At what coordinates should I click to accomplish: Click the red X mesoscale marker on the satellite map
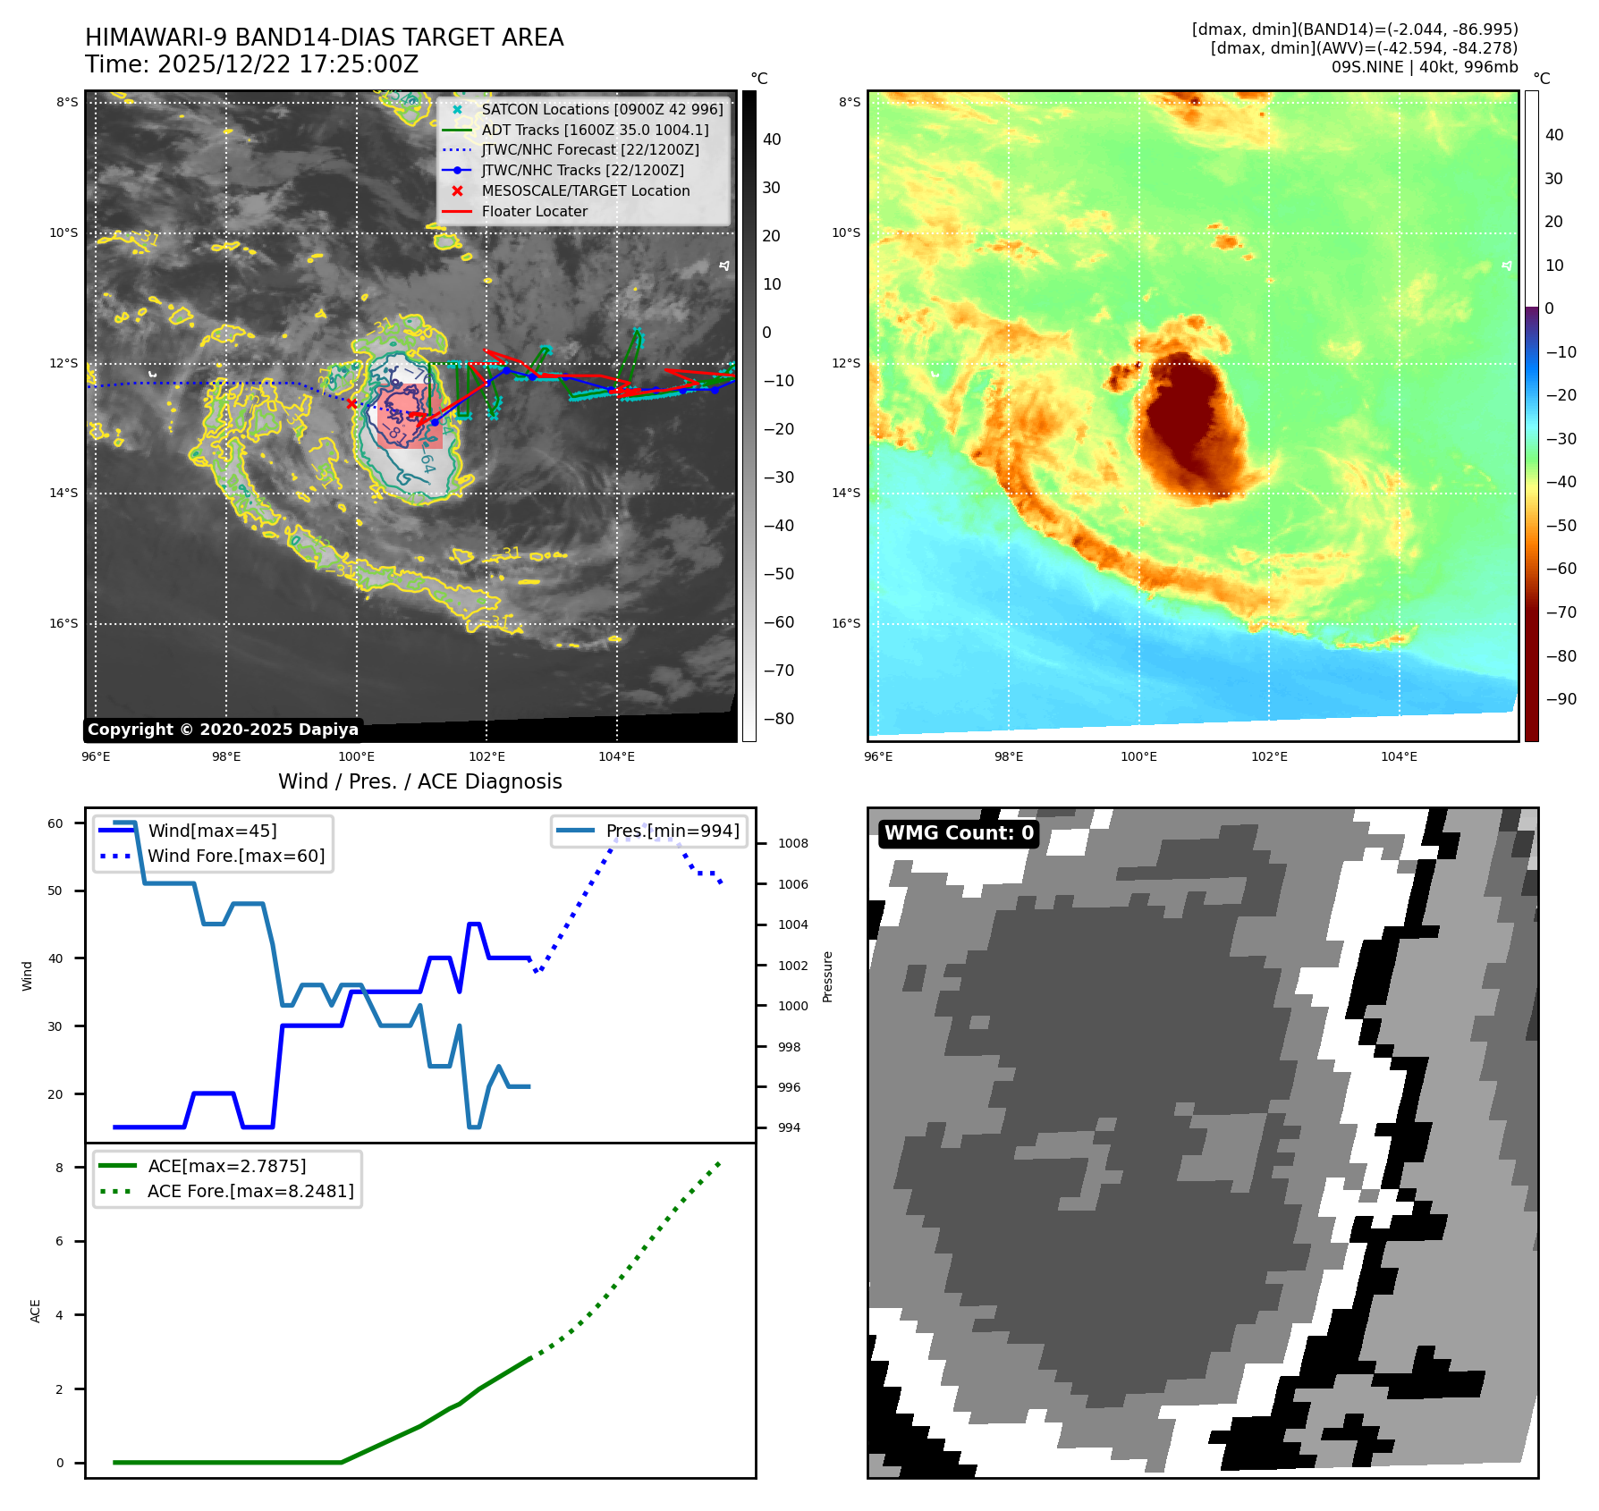(x=351, y=404)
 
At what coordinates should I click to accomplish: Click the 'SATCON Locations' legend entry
(x=602, y=109)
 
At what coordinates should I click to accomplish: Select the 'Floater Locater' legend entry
(x=534, y=212)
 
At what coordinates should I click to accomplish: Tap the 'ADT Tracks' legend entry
(x=595, y=130)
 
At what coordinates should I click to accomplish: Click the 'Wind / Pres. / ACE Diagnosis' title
(x=419, y=781)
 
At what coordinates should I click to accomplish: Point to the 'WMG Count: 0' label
(x=959, y=833)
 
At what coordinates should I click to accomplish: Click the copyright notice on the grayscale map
(x=223, y=730)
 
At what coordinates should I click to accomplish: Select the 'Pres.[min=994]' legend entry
(x=673, y=831)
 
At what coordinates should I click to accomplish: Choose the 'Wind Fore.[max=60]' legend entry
(x=236, y=856)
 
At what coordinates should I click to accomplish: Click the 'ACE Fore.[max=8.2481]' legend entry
(x=250, y=1191)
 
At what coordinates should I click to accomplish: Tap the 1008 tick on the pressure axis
(x=792, y=843)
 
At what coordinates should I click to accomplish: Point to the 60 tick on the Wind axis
(x=55, y=823)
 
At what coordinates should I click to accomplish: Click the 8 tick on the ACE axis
(x=60, y=1168)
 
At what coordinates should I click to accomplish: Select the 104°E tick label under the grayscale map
(x=616, y=757)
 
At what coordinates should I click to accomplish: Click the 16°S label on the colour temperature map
(x=846, y=623)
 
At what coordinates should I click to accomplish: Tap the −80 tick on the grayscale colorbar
(x=778, y=719)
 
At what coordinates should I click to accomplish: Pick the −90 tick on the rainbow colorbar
(x=1561, y=699)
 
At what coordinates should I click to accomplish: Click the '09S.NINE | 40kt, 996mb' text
(x=1424, y=67)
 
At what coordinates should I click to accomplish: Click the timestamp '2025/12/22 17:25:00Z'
(x=288, y=64)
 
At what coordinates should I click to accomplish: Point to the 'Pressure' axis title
(x=827, y=976)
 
